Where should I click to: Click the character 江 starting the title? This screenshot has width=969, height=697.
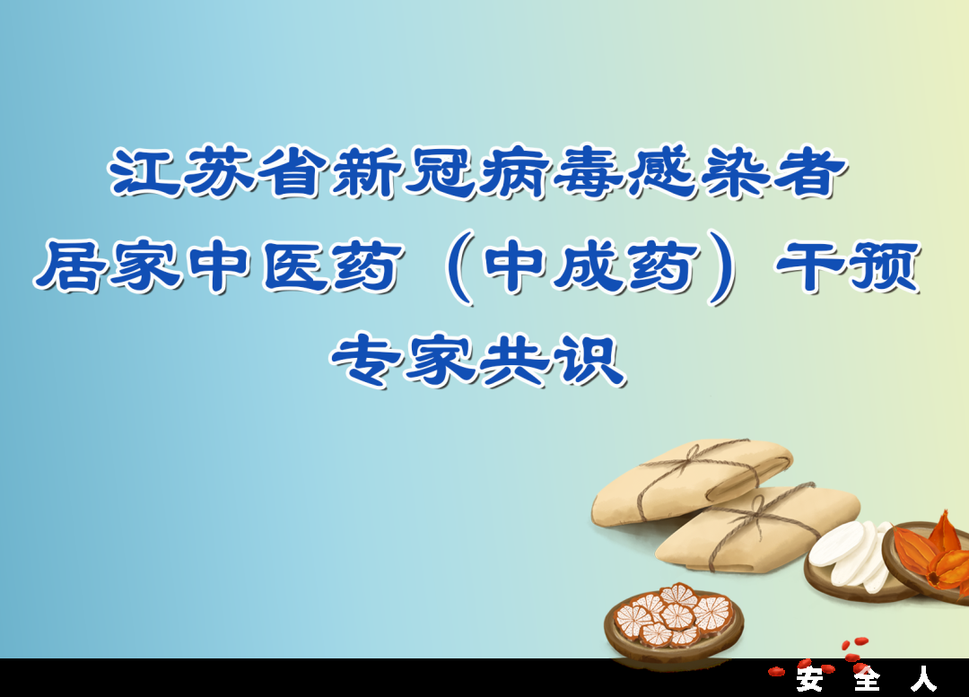coord(144,173)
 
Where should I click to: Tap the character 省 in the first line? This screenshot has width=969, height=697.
coord(292,173)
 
